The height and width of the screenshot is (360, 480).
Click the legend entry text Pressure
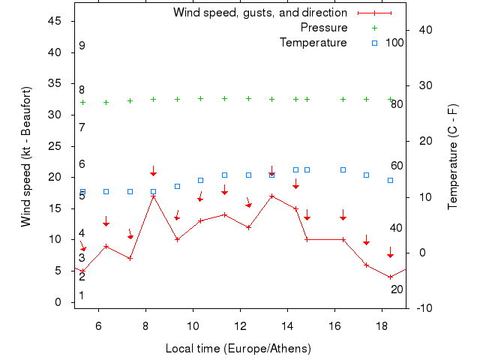(324, 28)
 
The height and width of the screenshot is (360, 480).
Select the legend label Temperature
(313, 43)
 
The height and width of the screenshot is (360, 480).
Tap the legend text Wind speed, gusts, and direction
(259, 13)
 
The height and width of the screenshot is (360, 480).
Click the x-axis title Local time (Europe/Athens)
(238, 349)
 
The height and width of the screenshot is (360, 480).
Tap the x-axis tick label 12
(241, 326)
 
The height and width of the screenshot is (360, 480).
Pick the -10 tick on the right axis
(423, 308)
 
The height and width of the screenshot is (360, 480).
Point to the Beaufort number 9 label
(82, 46)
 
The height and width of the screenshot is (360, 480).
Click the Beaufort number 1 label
(82, 295)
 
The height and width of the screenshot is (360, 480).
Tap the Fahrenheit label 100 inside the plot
(394, 43)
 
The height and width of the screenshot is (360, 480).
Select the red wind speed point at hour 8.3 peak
(154, 196)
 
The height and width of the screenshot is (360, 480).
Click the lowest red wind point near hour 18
(390, 277)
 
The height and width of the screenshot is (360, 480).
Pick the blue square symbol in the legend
(375, 43)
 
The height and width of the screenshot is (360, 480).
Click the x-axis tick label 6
(98, 326)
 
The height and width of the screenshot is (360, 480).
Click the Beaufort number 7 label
(82, 127)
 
